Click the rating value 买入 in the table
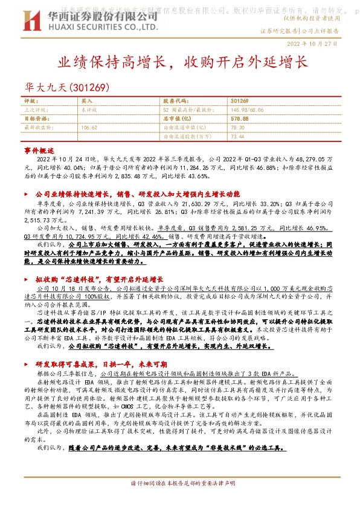(87, 102)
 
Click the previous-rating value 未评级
(88, 111)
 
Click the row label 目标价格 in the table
(35, 119)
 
